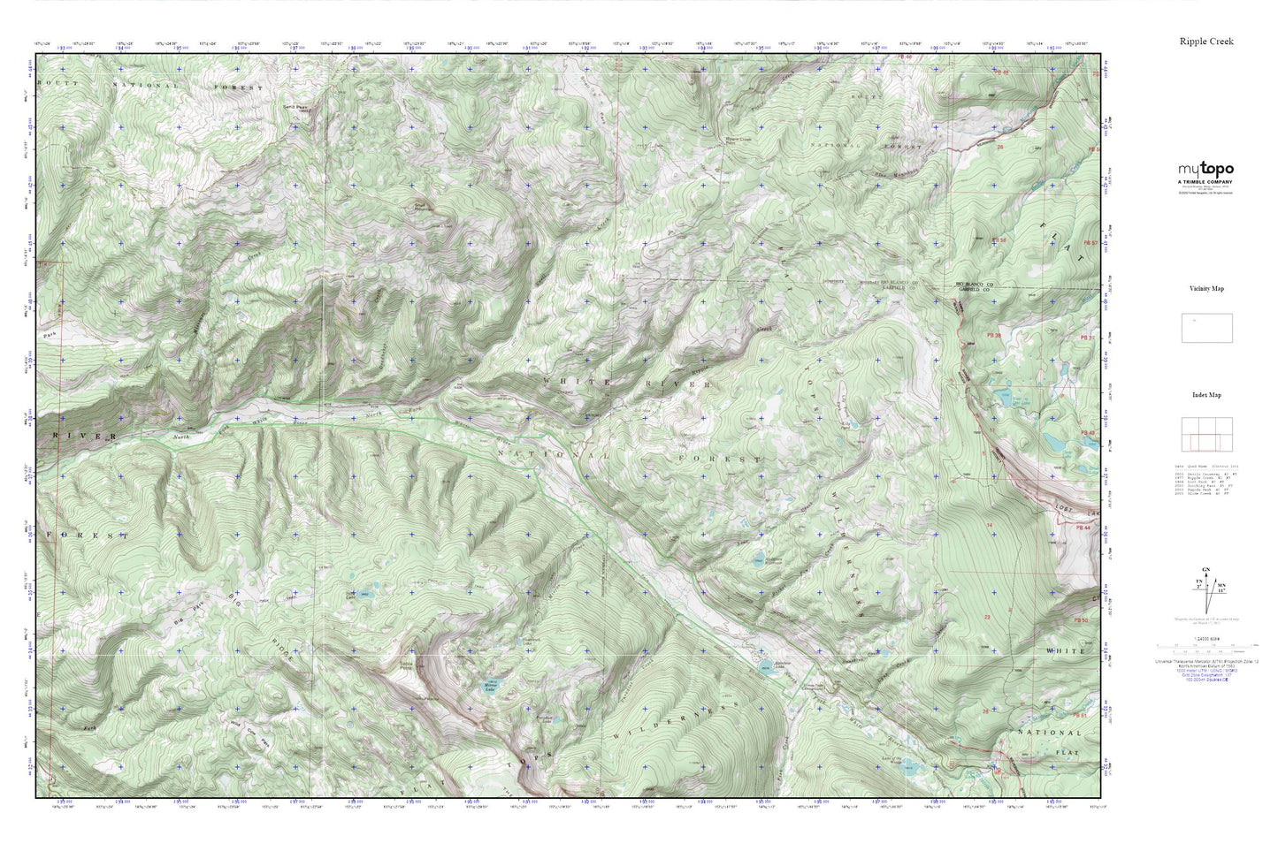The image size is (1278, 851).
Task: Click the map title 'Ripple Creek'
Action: tap(1205, 42)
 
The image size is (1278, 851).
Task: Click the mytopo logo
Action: tap(1205, 171)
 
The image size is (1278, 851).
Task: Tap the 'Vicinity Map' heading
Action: tap(1205, 289)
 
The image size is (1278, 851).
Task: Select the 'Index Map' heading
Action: tap(1205, 395)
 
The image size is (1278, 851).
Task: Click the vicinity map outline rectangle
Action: tap(1205, 328)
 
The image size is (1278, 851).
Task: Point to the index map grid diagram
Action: tap(1205, 434)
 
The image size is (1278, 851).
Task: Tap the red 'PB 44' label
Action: tap(1083, 528)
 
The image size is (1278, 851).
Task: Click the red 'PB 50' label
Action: tap(1080, 620)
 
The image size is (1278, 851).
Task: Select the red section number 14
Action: tap(990, 525)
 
